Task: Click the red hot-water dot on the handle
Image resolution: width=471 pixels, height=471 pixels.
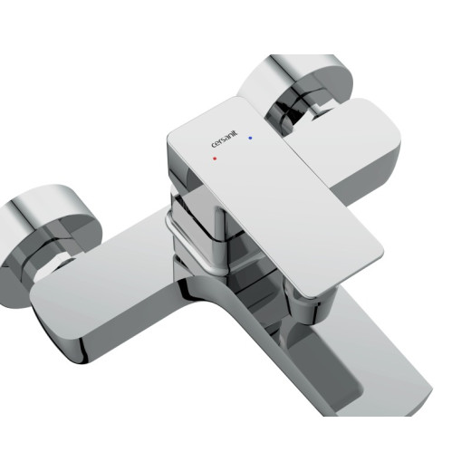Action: point(215,159)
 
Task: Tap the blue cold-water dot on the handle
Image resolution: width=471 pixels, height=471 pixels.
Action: point(250,138)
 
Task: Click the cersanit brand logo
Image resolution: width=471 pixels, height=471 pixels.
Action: point(225,139)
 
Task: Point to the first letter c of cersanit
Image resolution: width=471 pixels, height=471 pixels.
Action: point(214,146)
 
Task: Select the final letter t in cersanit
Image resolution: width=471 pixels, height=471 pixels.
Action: point(236,132)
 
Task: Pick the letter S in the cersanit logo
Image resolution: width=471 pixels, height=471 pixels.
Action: point(225,139)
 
